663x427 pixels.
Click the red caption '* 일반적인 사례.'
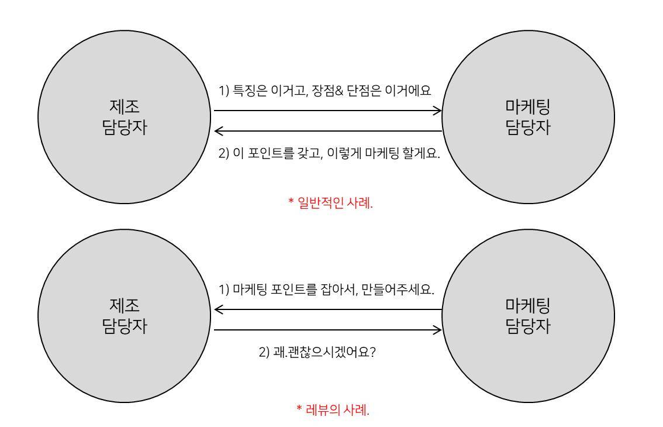[331, 203]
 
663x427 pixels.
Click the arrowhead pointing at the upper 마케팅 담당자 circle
[437, 110]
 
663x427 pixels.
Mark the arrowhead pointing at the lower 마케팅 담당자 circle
[437, 330]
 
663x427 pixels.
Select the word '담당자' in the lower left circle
[125, 326]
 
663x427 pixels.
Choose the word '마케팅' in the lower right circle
[528, 305]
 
